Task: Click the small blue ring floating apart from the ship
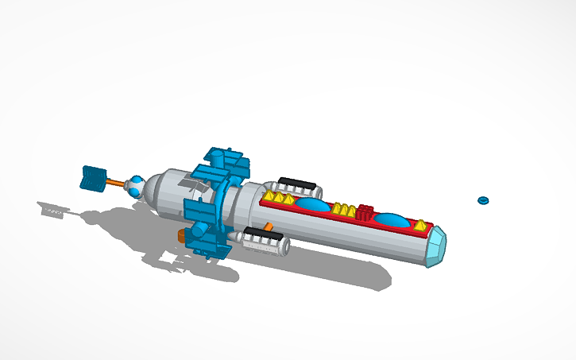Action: click(481, 200)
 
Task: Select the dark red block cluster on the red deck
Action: click(365, 213)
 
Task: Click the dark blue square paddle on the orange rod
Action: click(93, 179)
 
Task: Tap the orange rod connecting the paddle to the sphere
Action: click(117, 184)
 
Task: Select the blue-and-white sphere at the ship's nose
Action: click(137, 188)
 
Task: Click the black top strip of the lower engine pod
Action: click(258, 232)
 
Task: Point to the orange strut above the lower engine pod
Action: click(270, 226)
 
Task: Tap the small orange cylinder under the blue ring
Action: click(183, 236)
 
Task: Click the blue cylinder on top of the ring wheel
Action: click(222, 156)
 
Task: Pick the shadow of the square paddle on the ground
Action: click(53, 210)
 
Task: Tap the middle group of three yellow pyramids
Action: click(343, 209)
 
